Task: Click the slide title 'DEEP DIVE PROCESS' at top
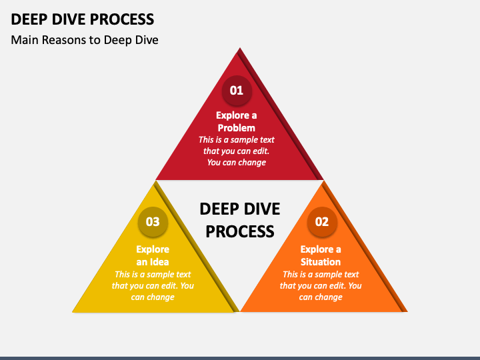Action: click(83, 19)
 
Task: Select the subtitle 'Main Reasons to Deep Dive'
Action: click(85, 40)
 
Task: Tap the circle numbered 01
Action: click(237, 89)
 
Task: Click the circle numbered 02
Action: click(322, 221)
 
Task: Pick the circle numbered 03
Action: click(153, 221)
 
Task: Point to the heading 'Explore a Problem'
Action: click(236, 121)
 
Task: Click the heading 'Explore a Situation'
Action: click(321, 255)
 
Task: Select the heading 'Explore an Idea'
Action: click(153, 255)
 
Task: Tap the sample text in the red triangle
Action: click(236, 151)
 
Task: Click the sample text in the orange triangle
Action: click(321, 285)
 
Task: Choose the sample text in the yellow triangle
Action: click(153, 285)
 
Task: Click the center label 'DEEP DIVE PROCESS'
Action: click(239, 219)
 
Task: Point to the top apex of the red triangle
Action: click(239, 49)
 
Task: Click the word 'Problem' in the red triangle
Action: click(236, 127)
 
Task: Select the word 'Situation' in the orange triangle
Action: click(321, 261)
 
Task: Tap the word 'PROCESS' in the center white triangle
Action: click(239, 231)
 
